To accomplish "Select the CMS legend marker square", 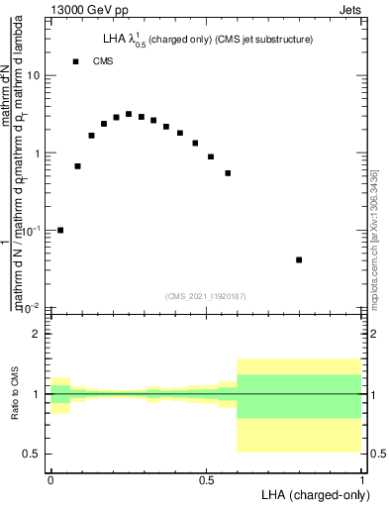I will tap(75, 61).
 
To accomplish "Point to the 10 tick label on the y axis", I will tap(33, 76).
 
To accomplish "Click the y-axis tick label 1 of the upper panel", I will tap(37, 153).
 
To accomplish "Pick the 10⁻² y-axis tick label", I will tap(31, 307).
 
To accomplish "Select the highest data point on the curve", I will tap(129, 114).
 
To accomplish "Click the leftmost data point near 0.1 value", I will tap(60, 230).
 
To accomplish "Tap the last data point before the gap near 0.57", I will tap(228, 173).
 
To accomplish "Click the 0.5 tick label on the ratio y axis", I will tap(33, 454).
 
